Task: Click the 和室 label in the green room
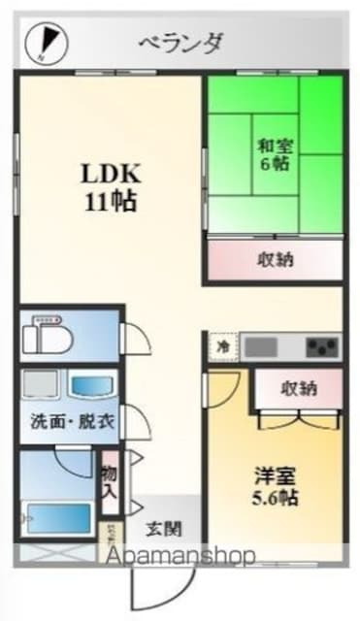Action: (x=273, y=147)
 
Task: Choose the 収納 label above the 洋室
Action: (x=298, y=388)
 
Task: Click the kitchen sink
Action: (x=271, y=345)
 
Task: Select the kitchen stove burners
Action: (x=321, y=345)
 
